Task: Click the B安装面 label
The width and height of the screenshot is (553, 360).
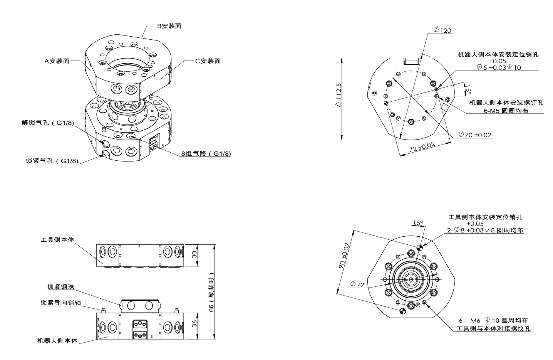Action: click(x=169, y=26)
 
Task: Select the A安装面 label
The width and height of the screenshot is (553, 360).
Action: click(x=57, y=61)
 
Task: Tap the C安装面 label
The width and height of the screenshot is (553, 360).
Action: click(x=208, y=61)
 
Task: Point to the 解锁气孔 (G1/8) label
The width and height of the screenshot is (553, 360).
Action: click(x=48, y=123)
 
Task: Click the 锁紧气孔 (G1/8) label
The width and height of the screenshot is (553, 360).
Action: click(x=52, y=161)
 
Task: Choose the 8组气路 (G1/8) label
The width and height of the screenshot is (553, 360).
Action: click(x=206, y=153)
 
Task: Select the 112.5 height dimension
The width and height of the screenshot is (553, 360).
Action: click(x=339, y=94)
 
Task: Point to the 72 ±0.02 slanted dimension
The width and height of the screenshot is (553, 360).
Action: click(x=422, y=147)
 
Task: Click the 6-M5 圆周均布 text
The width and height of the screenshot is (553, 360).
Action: click(x=506, y=110)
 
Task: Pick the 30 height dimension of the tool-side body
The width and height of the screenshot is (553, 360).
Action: click(x=195, y=255)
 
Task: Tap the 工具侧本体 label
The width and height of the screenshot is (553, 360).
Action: click(x=57, y=240)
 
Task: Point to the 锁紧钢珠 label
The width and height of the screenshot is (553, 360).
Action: click(x=60, y=287)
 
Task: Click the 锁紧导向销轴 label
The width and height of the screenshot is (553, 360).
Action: click(x=60, y=303)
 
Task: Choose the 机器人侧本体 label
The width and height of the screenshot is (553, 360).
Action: click(x=57, y=341)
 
